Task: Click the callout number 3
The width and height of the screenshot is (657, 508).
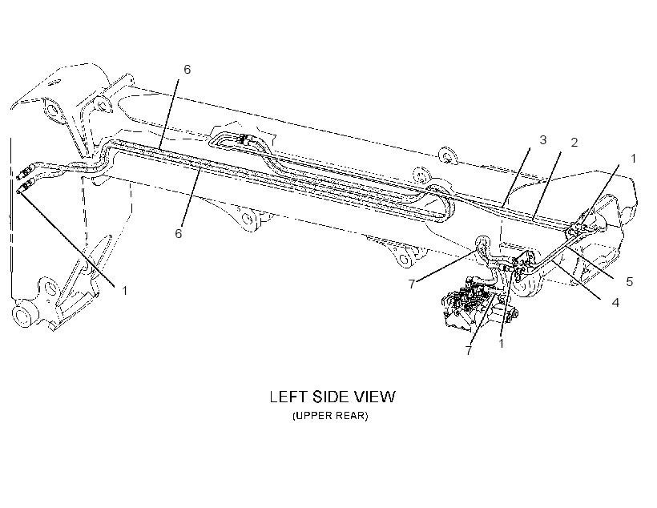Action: click(542, 140)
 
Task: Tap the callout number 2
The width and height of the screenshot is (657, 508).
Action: click(574, 143)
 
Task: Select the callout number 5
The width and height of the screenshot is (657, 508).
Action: click(629, 282)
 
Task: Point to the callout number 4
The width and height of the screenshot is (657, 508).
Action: click(615, 302)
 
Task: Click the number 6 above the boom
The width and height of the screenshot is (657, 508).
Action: click(187, 70)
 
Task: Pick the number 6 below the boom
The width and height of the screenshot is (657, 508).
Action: click(179, 233)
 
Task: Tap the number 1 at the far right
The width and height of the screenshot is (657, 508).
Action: click(633, 159)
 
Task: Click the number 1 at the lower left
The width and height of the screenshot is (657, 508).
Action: click(124, 291)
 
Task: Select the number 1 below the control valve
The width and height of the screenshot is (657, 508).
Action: click(501, 344)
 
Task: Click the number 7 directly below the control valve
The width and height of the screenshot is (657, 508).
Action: click(469, 350)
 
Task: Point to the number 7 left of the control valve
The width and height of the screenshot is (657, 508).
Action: click(412, 284)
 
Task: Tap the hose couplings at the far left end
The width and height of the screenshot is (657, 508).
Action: click(24, 178)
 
